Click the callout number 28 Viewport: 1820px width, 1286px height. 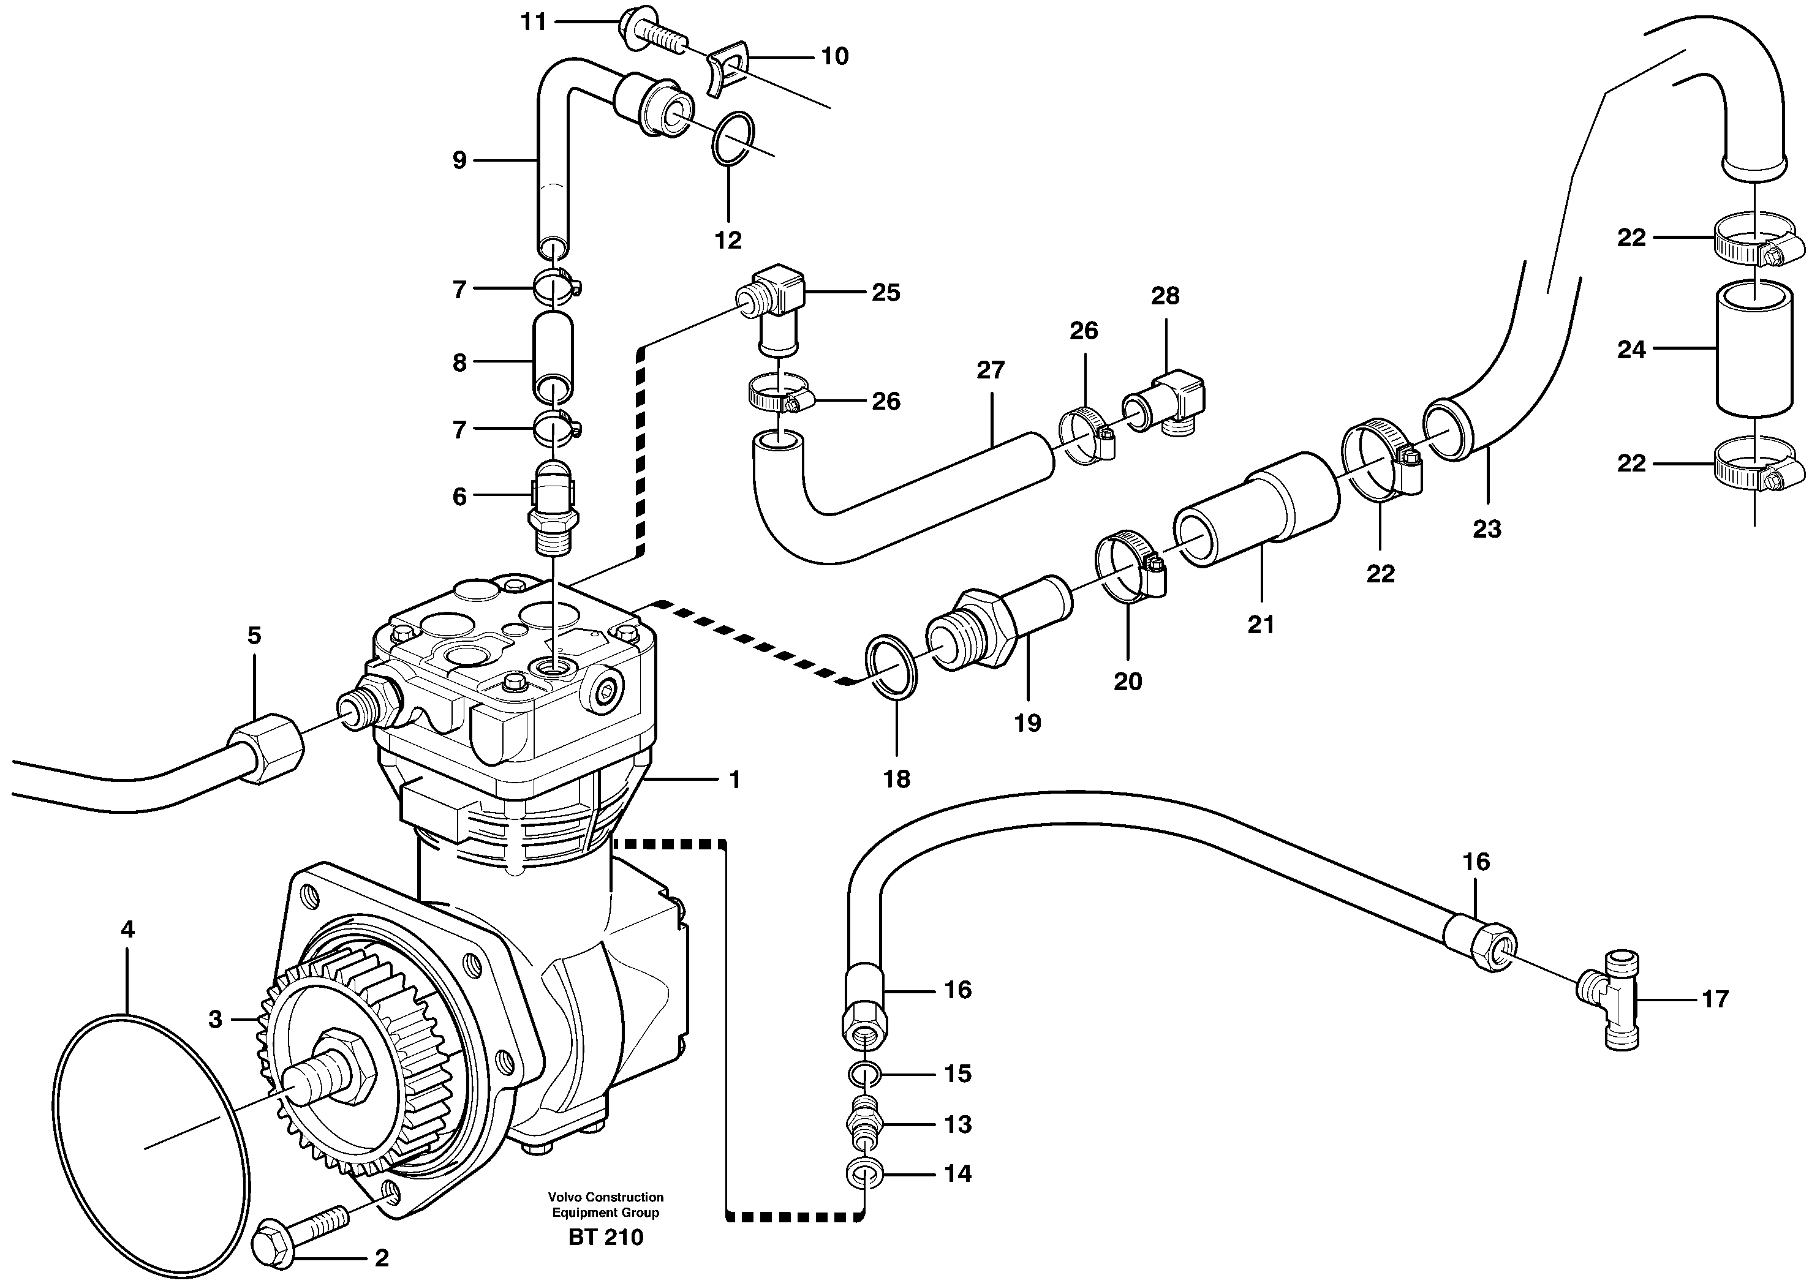1165,296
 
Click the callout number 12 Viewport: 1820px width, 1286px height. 728,239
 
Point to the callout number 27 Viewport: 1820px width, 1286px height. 990,369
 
